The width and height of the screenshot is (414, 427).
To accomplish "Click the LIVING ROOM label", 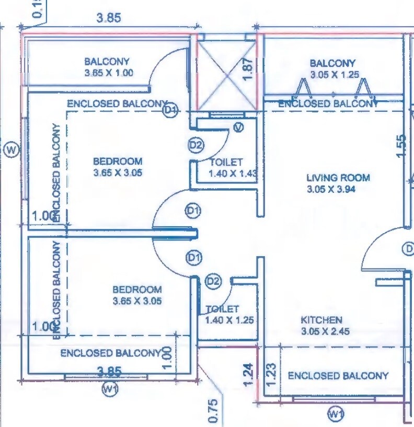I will tap(338, 178).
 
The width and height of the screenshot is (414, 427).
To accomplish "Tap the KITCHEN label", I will tap(321, 320).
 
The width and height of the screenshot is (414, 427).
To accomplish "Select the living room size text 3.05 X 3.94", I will tap(331, 190).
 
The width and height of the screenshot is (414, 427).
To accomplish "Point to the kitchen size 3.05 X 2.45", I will tap(325, 331).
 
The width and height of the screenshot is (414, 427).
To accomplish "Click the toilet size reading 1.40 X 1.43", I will tap(233, 174).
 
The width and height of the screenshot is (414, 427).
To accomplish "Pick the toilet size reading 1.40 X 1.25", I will tap(229, 320).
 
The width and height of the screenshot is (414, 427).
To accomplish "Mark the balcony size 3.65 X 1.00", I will tap(109, 74).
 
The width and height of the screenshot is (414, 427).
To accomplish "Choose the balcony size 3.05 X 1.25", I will tap(335, 75).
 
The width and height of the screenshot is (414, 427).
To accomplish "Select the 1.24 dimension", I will tap(249, 374).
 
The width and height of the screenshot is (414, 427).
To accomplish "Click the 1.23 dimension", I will tap(270, 375).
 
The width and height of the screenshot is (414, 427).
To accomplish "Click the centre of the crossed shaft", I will tap(227, 74).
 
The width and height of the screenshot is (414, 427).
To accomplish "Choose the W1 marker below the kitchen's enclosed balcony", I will tap(335, 414).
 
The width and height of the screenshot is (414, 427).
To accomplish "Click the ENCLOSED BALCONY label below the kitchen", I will tap(338, 375).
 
